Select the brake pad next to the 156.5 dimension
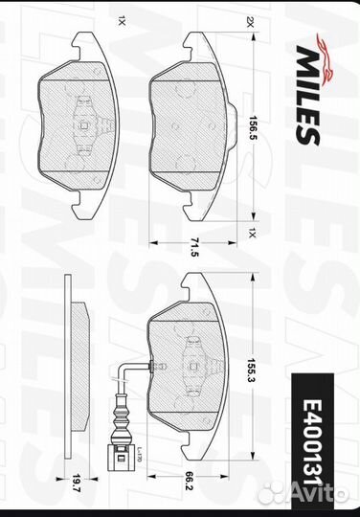[x=191, y=124]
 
